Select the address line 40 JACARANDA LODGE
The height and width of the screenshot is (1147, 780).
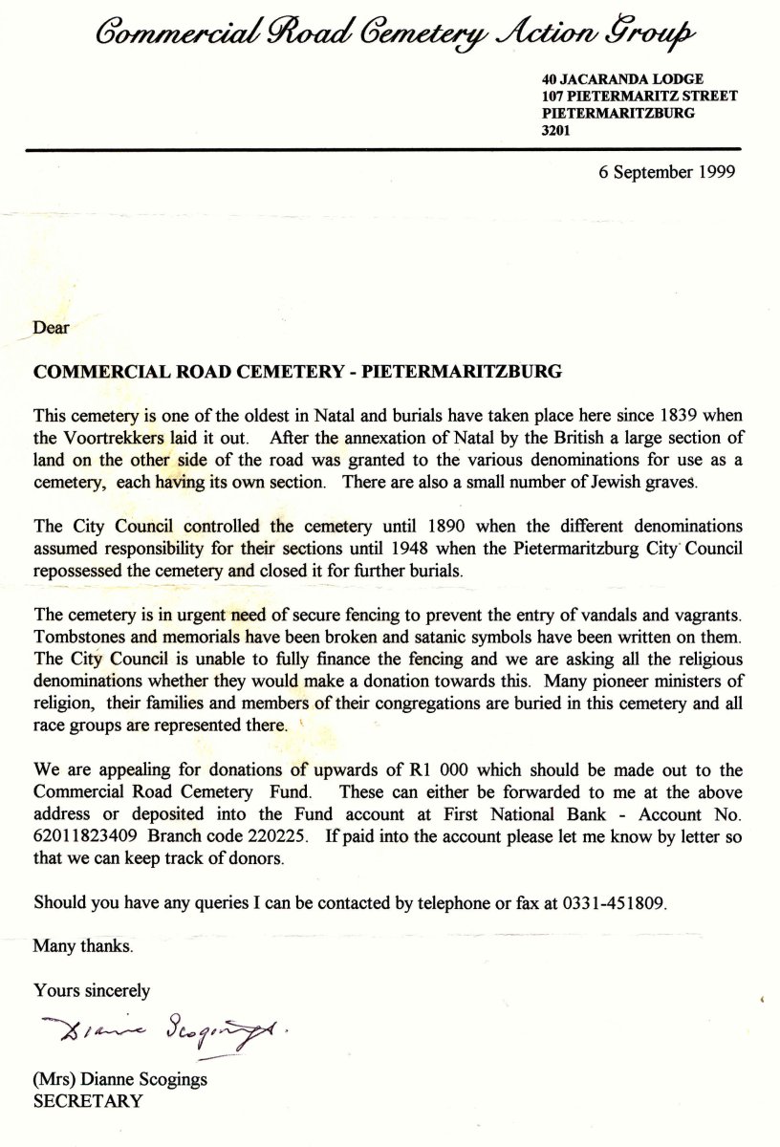(622, 78)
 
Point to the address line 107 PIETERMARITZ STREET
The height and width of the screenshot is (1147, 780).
(639, 96)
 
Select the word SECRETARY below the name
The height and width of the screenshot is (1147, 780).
(88, 1100)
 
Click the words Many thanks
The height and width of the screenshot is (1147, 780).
(83, 946)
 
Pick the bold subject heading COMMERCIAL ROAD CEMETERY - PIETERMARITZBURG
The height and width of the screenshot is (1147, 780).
(296, 372)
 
